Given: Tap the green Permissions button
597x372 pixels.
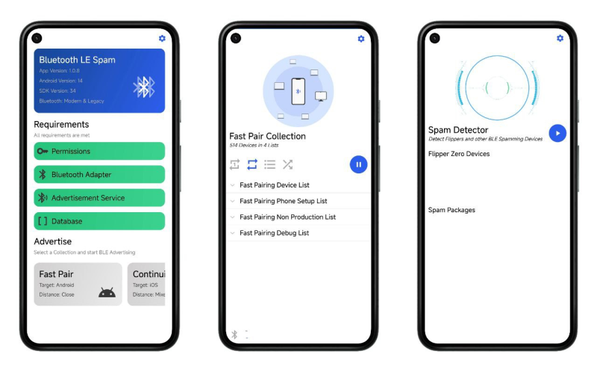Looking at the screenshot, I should tap(99, 151).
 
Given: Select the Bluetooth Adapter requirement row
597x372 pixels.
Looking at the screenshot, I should tap(99, 174).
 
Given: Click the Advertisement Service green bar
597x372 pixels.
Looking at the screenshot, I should tap(99, 198).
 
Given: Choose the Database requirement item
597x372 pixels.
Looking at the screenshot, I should tap(99, 221).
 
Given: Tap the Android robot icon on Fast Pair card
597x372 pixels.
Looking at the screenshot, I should tap(107, 292).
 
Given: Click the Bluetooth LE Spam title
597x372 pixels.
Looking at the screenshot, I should tap(77, 60).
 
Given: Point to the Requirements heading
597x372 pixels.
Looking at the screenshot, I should tap(61, 124).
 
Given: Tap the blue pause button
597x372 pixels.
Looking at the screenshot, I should tap(358, 164).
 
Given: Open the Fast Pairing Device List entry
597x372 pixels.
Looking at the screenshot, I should tap(274, 185).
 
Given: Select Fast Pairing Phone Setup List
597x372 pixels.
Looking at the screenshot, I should tap(283, 201).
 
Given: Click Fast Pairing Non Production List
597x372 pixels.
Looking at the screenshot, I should tap(287, 217).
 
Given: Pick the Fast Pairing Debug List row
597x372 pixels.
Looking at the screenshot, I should tap(274, 233).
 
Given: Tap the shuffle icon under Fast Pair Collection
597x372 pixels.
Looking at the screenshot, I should tap(287, 164).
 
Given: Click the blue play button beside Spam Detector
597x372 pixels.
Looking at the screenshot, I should tap(557, 133).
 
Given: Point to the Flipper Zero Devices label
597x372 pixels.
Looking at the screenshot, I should tap(459, 154).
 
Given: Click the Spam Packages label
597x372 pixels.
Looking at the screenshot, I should tap(451, 210).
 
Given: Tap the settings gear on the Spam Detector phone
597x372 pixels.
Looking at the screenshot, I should tap(560, 38).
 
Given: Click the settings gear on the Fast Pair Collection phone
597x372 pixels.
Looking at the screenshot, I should tap(361, 38).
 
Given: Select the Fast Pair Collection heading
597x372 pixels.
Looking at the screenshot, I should tap(267, 136).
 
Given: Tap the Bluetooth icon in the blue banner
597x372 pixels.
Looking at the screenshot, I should tap(143, 87).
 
